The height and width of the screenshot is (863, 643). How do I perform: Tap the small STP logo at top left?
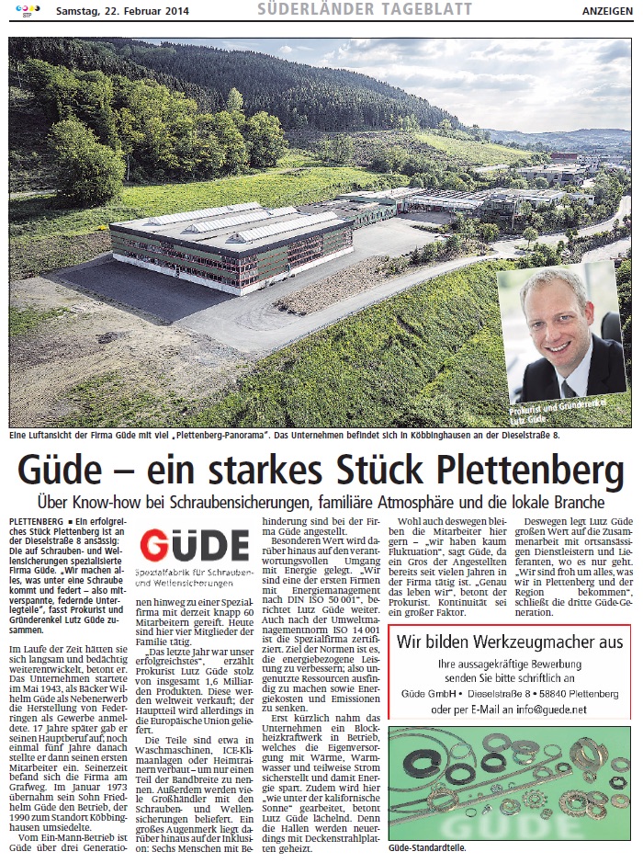click(19, 10)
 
